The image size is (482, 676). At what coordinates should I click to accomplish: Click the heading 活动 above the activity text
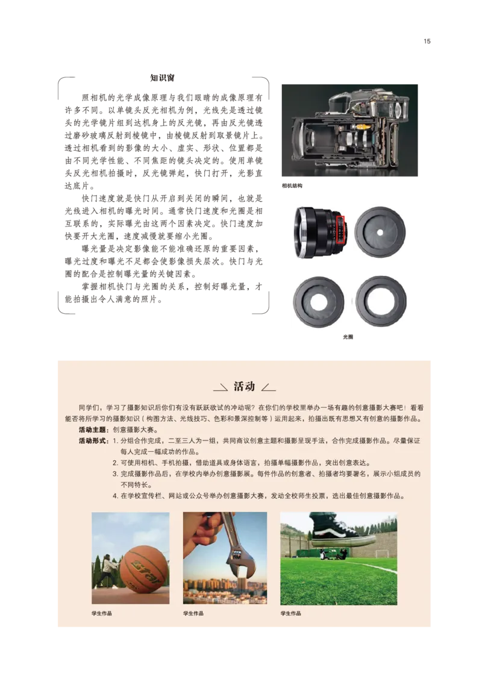pyautogui.click(x=244, y=387)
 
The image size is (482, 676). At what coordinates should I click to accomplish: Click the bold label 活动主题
pyautogui.click(x=93, y=430)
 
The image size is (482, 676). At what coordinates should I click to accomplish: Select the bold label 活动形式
pyautogui.click(x=93, y=441)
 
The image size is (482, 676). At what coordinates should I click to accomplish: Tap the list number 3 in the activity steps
pyautogui.click(x=114, y=474)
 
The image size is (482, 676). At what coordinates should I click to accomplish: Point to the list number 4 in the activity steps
pyautogui.click(x=114, y=496)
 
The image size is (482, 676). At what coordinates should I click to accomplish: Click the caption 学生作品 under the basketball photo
pyautogui.click(x=102, y=613)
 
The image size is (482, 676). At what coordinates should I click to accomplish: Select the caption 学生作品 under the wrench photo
pyautogui.click(x=193, y=613)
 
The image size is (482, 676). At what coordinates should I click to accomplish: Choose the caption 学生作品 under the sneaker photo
pyautogui.click(x=290, y=613)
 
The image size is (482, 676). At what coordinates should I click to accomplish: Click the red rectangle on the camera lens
pyautogui.click(x=340, y=230)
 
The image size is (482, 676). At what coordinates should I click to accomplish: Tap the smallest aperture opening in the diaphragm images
pyautogui.click(x=380, y=231)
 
